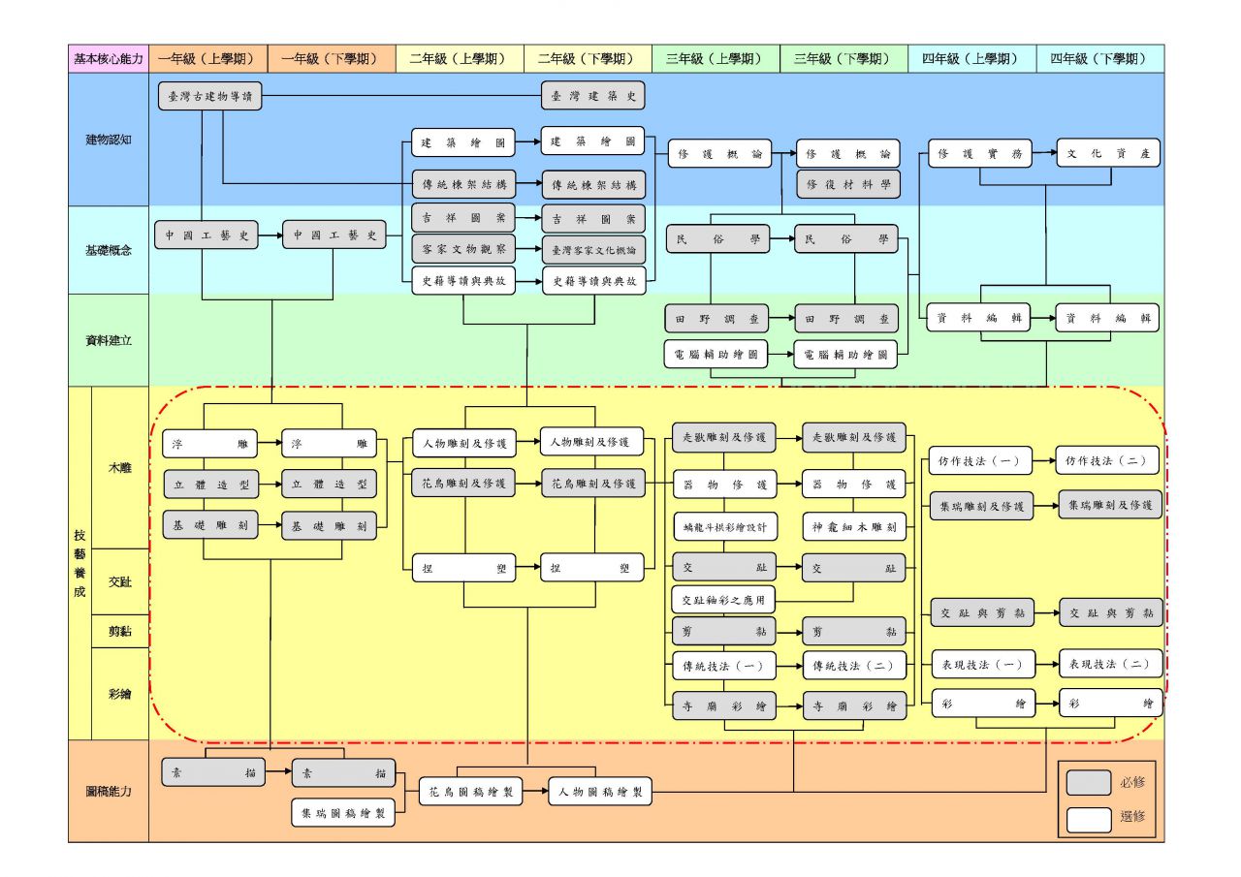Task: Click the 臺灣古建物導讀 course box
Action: pyautogui.click(x=209, y=96)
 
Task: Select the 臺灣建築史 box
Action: pyautogui.click(x=592, y=96)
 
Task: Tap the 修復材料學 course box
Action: pyautogui.click(x=848, y=183)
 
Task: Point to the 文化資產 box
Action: pyautogui.click(x=1107, y=153)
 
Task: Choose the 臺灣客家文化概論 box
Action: pyautogui.click(x=592, y=249)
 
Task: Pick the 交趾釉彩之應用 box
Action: pyautogui.click(x=722, y=600)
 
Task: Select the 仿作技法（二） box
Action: pyautogui.click(x=1107, y=461)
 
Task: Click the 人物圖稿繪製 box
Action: pyautogui.click(x=599, y=792)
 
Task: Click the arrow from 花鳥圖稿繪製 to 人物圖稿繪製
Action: pyautogui.click(x=535, y=792)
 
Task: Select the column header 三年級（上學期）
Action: pyautogui.click(x=716, y=58)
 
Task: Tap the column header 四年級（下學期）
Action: pyautogui.click(x=1099, y=58)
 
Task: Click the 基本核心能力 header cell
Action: pyautogui.click(x=108, y=58)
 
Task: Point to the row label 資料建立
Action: pyautogui.click(x=108, y=340)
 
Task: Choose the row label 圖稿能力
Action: pyautogui.click(x=108, y=791)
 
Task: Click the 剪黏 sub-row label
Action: pyautogui.click(x=120, y=631)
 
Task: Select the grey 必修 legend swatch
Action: pyautogui.click(x=1088, y=782)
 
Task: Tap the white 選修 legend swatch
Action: pyautogui.click(x=1088, y=818)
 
